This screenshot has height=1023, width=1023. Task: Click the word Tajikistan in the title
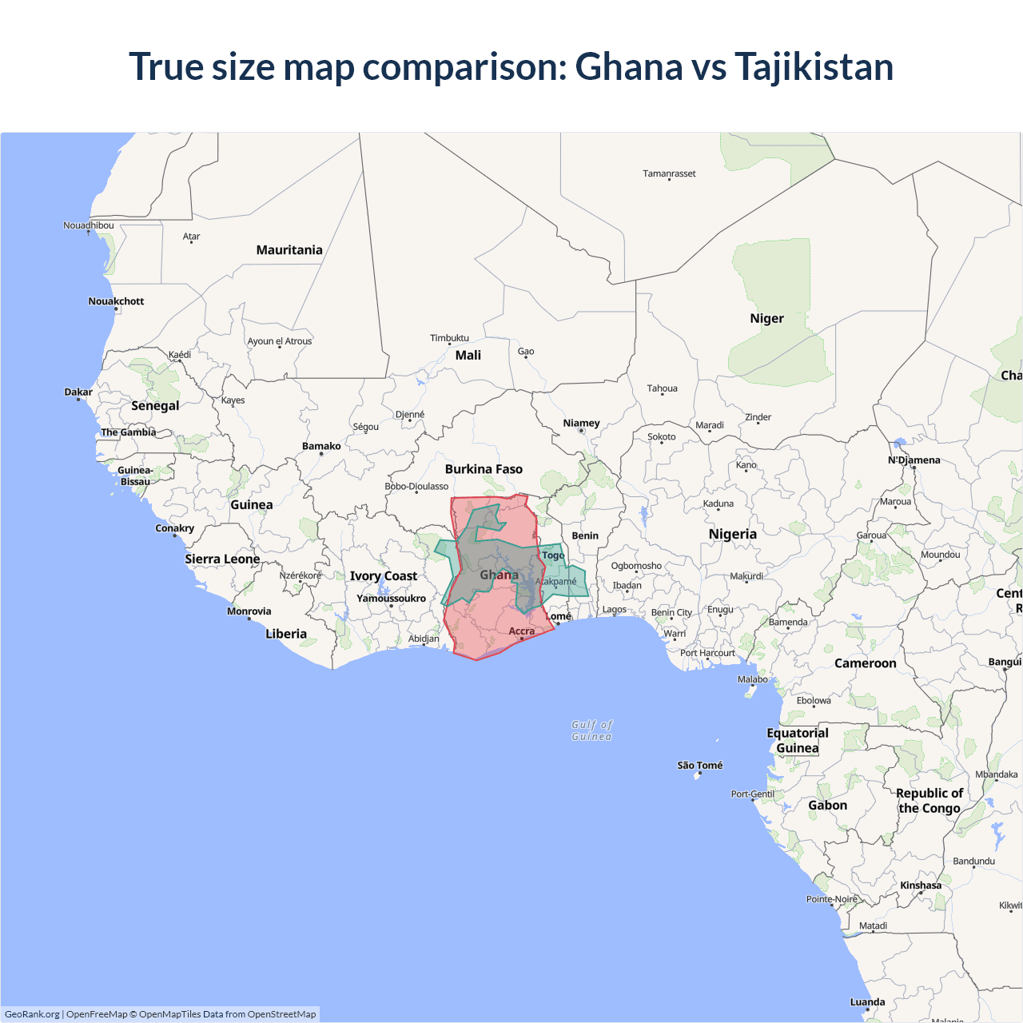tap(814, 66)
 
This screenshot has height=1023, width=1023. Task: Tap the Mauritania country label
tap(289, 250)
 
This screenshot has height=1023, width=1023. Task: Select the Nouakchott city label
tap(116, 301)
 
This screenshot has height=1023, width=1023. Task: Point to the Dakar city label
tap(78, 392)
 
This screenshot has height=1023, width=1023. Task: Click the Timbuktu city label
tap(449, 338)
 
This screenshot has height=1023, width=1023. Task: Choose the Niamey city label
tap(581, 423)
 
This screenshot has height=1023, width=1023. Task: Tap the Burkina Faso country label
tap(484, 469)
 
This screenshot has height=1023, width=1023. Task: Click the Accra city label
tap(521, 631)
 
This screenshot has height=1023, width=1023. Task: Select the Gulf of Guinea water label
tap(591, 730)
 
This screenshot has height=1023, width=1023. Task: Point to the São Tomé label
tap(699, 766)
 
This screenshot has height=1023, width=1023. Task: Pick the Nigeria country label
tap(732, 534)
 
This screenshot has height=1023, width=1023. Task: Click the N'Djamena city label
tap(914, 460)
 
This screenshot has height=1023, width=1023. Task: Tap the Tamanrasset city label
tap(669, 173)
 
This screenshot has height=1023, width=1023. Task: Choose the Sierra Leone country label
tap(222, 559)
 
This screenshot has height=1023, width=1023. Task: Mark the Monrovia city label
tap(249, 611)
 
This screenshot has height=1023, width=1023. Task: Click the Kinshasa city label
tap(921, 886)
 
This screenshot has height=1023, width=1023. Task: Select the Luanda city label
tap(867, 1002)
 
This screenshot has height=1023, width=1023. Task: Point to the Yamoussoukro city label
tap(391, 599)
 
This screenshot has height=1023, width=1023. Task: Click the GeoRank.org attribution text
tap(32, 1014)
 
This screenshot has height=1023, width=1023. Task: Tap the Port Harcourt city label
tap(707, 653)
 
